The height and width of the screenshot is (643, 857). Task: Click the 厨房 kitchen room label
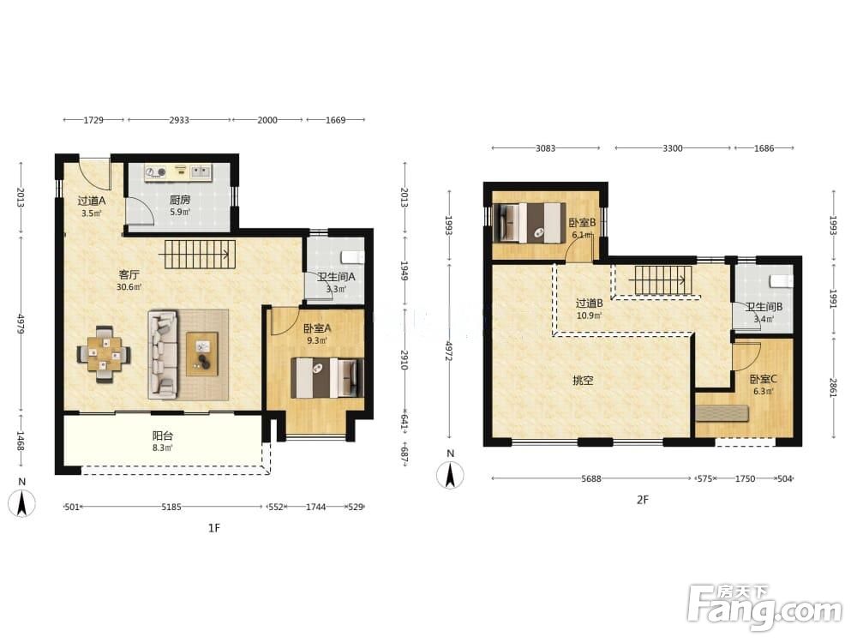coord(180,200)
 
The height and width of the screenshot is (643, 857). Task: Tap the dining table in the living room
coord(104,354)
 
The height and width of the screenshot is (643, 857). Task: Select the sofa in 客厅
coord(163,354)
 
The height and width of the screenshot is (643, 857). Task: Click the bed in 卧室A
coord(327,378)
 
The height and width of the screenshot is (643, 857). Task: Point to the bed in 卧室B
coord(530,223)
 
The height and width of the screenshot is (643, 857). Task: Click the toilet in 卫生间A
coord(352,256)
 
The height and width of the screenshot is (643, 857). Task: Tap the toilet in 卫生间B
coord(782,281)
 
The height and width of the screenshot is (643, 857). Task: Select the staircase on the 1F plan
coord(200,255)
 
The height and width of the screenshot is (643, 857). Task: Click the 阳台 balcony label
coord(162,436)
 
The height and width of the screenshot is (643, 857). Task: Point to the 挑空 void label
coord(583,380)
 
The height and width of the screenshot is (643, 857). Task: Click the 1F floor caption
coord(213,527)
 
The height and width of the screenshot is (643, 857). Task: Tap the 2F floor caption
coord(642,499)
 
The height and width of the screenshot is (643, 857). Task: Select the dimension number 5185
coord(171,507)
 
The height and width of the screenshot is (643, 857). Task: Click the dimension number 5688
coord(590,478)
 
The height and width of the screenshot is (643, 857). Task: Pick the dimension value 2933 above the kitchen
coord(179,120)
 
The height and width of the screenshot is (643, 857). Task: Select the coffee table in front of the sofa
coord(202,354)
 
